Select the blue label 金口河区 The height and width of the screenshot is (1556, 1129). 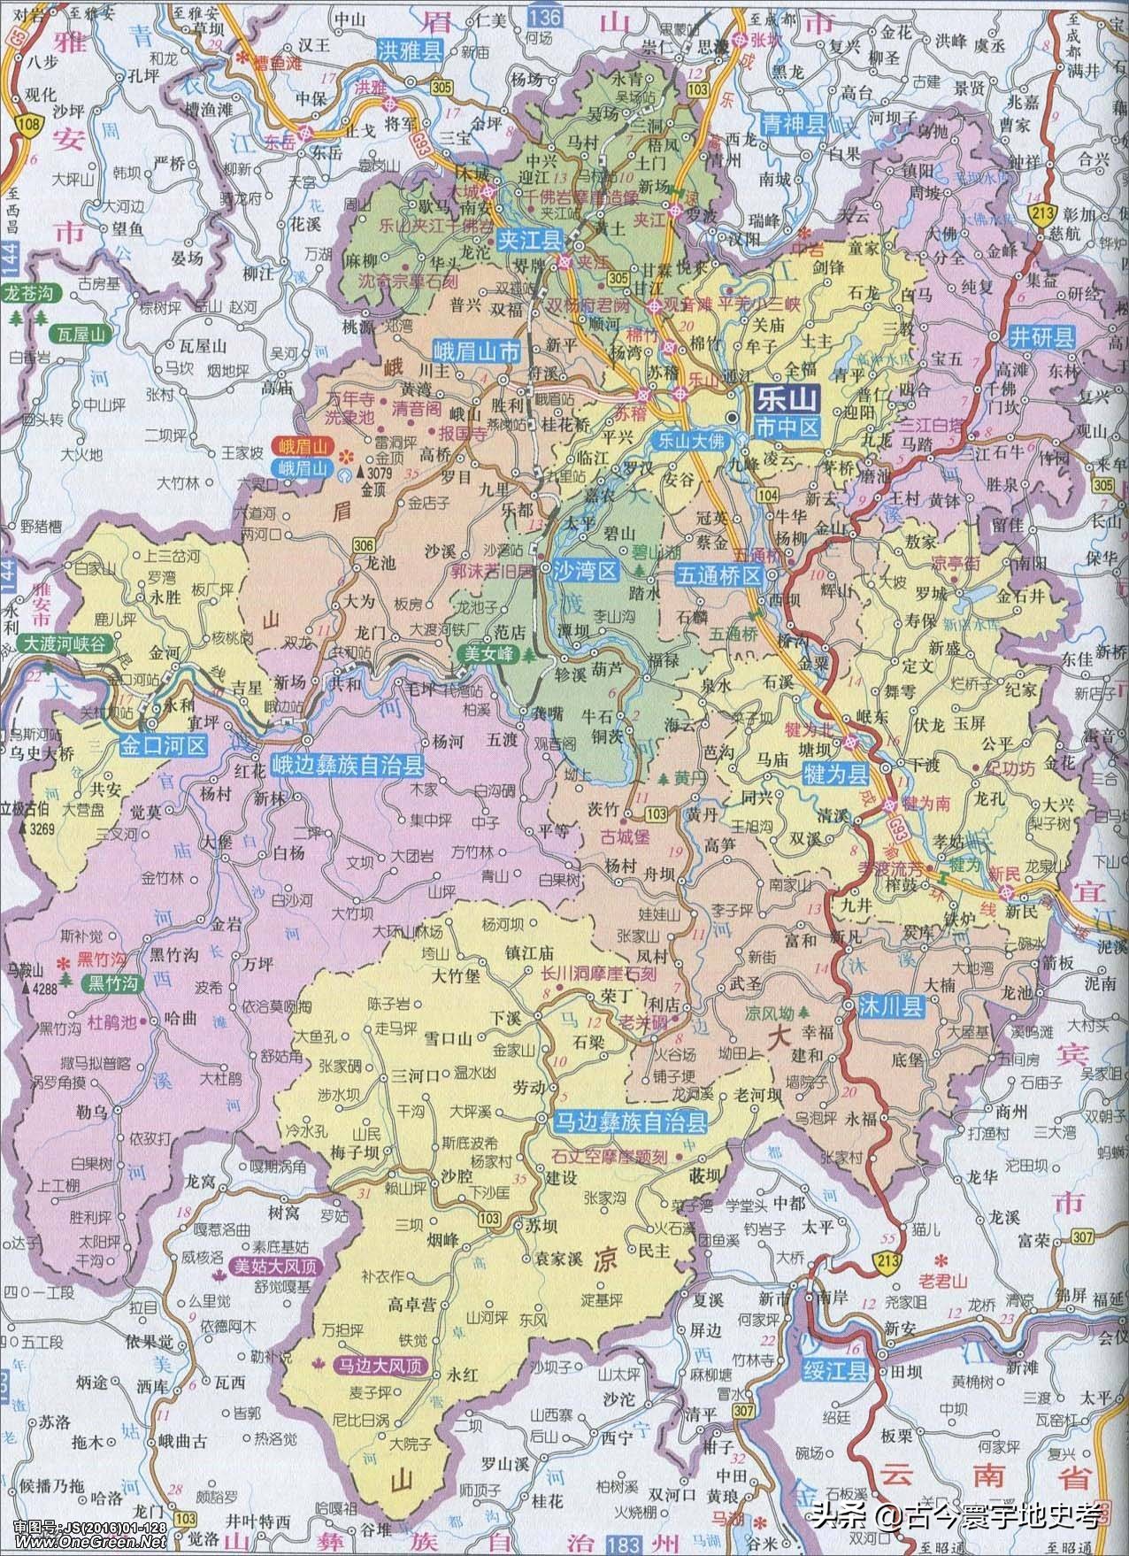pos(164,745)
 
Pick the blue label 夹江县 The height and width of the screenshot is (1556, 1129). pos(531,239)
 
